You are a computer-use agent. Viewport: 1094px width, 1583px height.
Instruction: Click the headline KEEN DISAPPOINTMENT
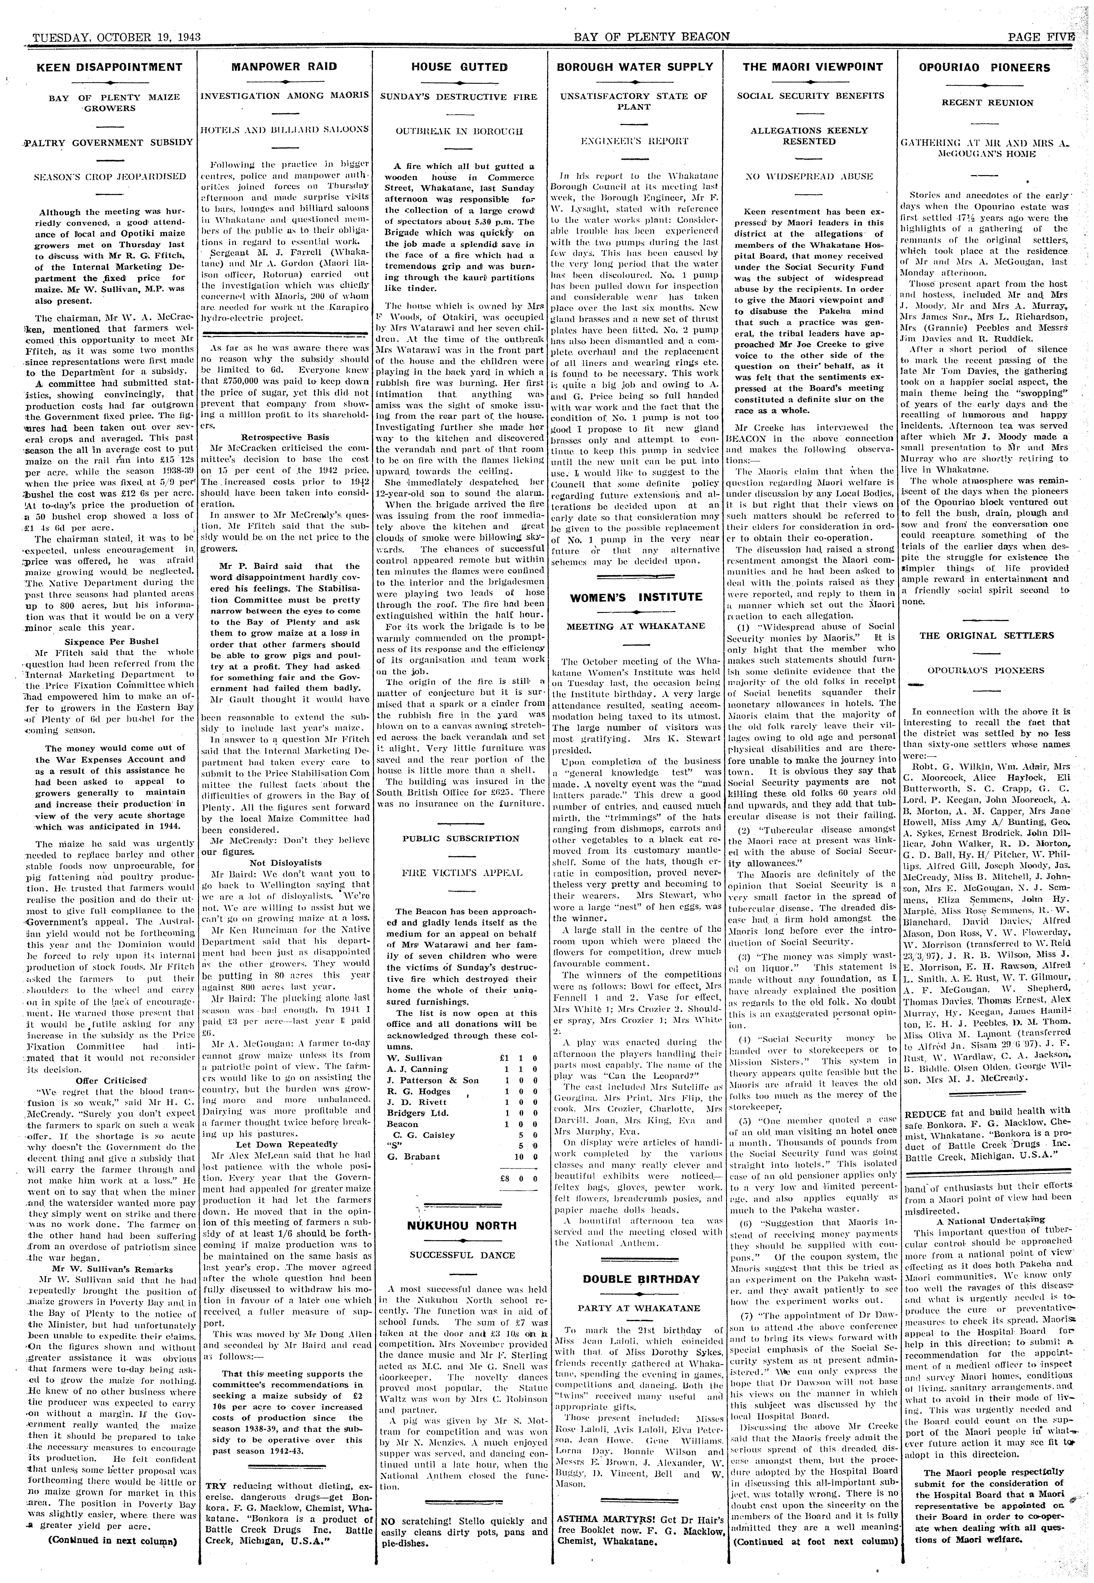(100, 67)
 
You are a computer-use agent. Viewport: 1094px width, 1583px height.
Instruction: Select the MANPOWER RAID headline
(284, 66)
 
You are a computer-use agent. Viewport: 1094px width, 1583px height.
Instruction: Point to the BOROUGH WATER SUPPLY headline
(634, 66)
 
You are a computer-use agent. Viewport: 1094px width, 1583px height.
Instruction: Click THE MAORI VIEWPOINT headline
(813, 66)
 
